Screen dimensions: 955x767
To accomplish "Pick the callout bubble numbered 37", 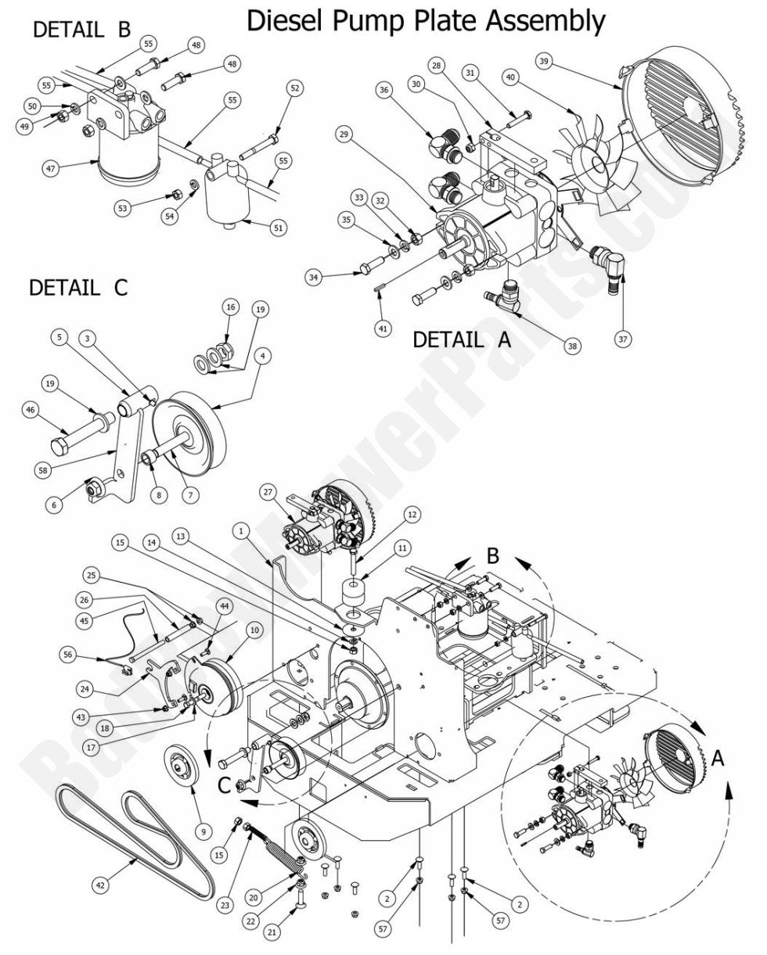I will tap(622, 339).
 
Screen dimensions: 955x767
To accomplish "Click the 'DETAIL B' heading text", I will tap(81, 30).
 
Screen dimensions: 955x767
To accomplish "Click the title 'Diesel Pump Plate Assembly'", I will tap(427, 21).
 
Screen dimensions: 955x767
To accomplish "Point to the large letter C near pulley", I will tap(224, 784).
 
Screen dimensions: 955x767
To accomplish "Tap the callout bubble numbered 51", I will tap(279, 228).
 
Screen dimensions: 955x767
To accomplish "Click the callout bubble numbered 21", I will tap(271, 932).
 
